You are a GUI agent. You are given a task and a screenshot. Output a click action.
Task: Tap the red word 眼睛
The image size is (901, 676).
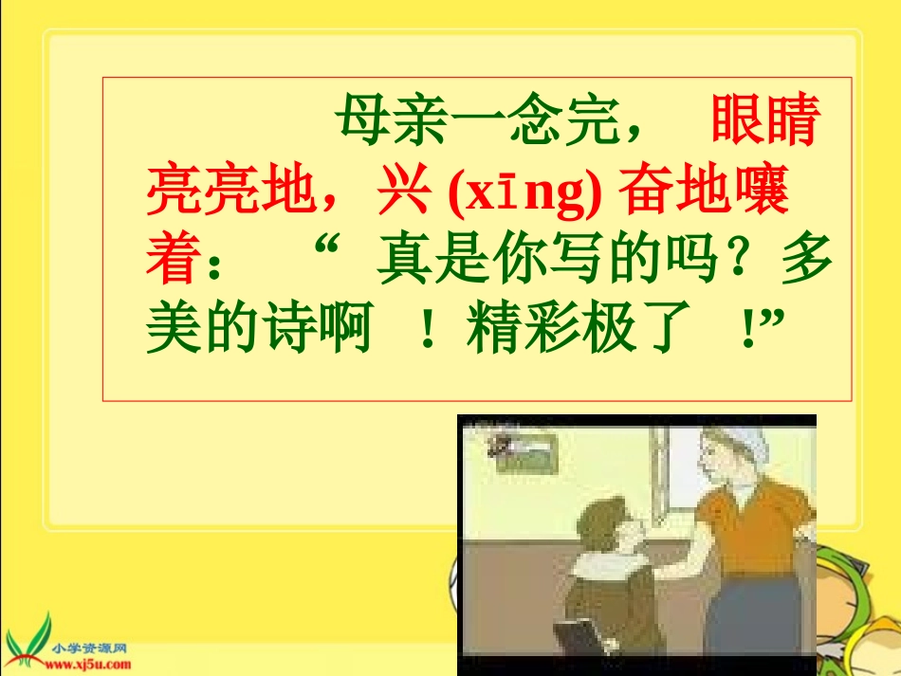pyautogui.click(x=763, y=120)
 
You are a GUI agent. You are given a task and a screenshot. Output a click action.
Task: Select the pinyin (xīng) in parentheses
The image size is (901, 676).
pyautogui.click(x=524, y=192)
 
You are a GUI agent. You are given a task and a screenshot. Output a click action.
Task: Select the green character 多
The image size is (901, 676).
pyautogui.click(x=806, y=261)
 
